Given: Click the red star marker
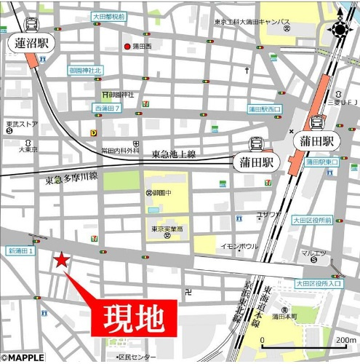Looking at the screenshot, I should [62, 260].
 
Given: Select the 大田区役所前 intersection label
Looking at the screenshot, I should [313, 219].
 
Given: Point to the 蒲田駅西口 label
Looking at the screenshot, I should [264, 109].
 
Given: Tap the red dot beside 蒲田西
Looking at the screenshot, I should [127, 47].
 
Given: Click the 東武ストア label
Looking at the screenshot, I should [20, 124].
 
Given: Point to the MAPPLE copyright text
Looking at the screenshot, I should [23, 357].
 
